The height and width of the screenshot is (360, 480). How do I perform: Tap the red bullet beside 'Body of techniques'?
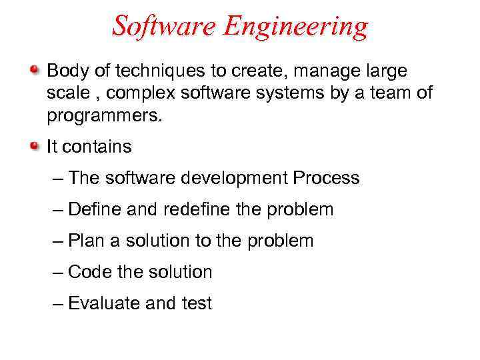[x=35, y=69]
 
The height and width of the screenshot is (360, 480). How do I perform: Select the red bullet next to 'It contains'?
[x=35, y=146]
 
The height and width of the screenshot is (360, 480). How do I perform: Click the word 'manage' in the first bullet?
[x=321, y=70]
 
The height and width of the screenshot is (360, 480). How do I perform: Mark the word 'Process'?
[x=326, y=178]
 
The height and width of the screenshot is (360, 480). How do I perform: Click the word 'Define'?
[x=95, y=209]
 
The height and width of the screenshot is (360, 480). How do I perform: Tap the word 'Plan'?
[x=85, y=241]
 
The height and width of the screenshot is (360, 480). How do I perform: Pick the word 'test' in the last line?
[x=196, y=303]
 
